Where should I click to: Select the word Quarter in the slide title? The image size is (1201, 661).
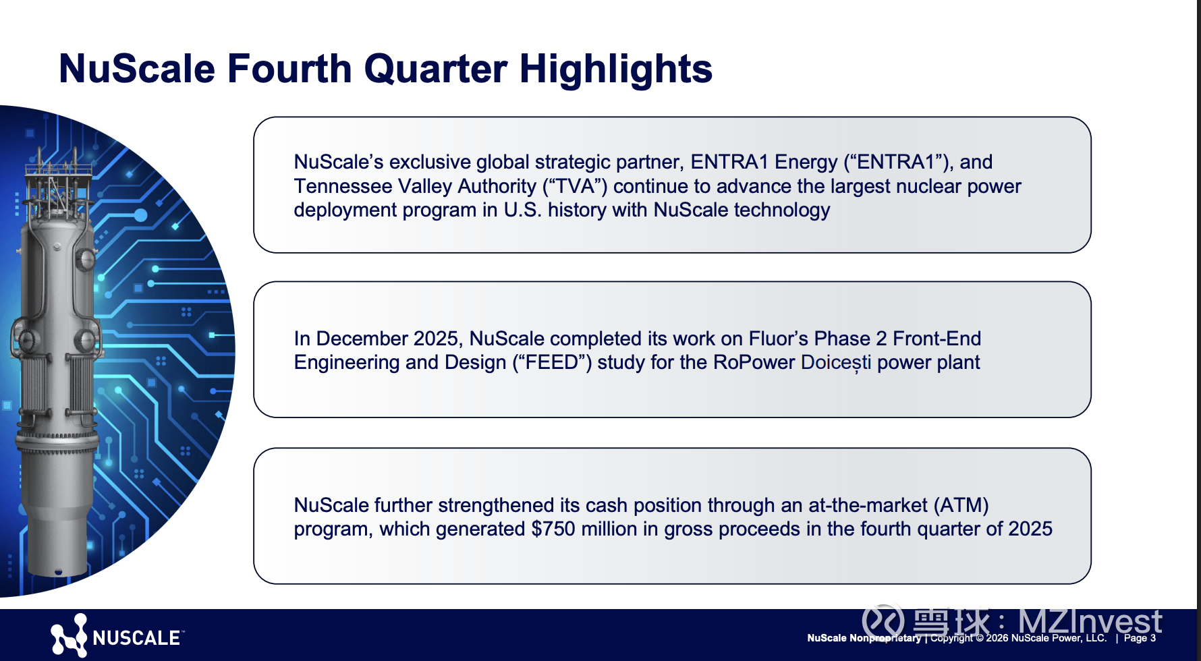point(435,69)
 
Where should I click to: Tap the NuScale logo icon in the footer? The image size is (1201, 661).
point(69,635)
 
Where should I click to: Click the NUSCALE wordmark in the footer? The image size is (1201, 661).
point(137,638)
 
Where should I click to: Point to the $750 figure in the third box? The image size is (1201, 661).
point(553,529)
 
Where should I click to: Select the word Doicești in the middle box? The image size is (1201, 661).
point(836,363)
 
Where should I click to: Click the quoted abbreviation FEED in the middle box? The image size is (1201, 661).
point(552,363)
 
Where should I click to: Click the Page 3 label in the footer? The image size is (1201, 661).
point(1140,638)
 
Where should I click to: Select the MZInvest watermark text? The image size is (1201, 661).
point(1090,621)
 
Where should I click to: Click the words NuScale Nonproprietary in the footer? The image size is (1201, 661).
point(864,638)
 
